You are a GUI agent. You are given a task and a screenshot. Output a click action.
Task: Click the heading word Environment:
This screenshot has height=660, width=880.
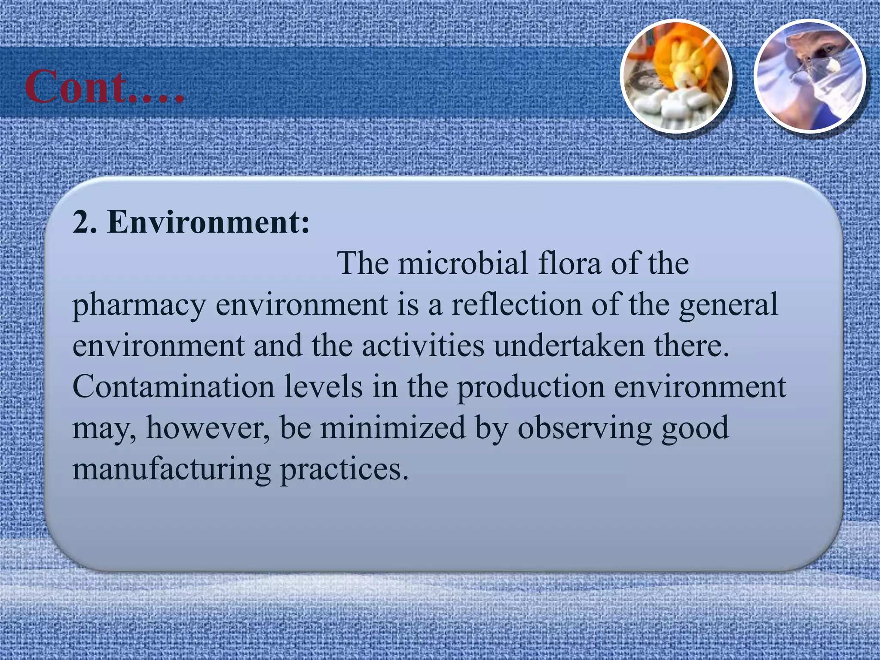208,222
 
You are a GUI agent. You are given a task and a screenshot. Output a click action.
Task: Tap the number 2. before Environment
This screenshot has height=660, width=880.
84,222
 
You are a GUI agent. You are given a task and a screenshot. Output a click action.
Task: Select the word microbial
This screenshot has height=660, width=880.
462,263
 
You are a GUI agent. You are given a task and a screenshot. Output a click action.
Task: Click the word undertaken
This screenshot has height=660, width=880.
569,345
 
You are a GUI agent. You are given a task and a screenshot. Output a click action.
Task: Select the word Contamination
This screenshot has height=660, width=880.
173,387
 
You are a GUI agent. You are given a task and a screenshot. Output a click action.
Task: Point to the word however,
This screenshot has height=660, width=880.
208,428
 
